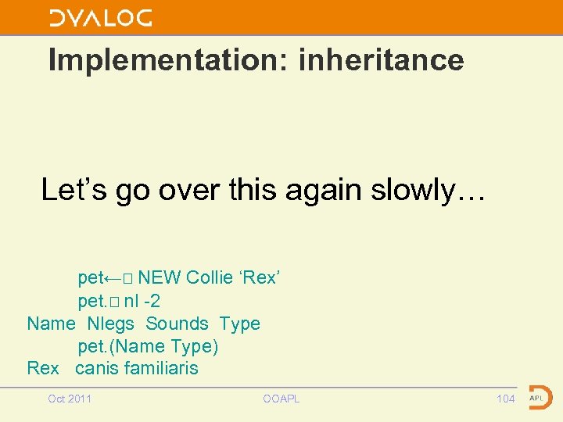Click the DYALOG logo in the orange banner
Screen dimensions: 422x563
pyautogui.click(x=101, y=18)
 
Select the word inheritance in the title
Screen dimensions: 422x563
pyautogui.click(x=381, y=60)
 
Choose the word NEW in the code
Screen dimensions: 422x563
pyautogui.click(x=160, y=278)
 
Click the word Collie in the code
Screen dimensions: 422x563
pyautogui.click(x=210, y=278)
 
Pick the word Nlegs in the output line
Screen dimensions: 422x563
pyautogui.click(x=111, y=324)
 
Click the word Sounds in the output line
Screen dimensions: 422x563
pyautogui.click(x=177, y=324)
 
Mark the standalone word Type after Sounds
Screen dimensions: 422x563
pyautogui.click(x=239, y=324)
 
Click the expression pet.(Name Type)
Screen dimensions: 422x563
pyautogui.click(x=148, y=346)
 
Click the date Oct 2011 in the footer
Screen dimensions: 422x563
pyautogui.click(x=70, y=399)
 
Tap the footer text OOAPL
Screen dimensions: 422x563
pyautogui.click(x=281, y=399)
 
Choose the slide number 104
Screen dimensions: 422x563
pyautogui.click(x=506, y=399)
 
